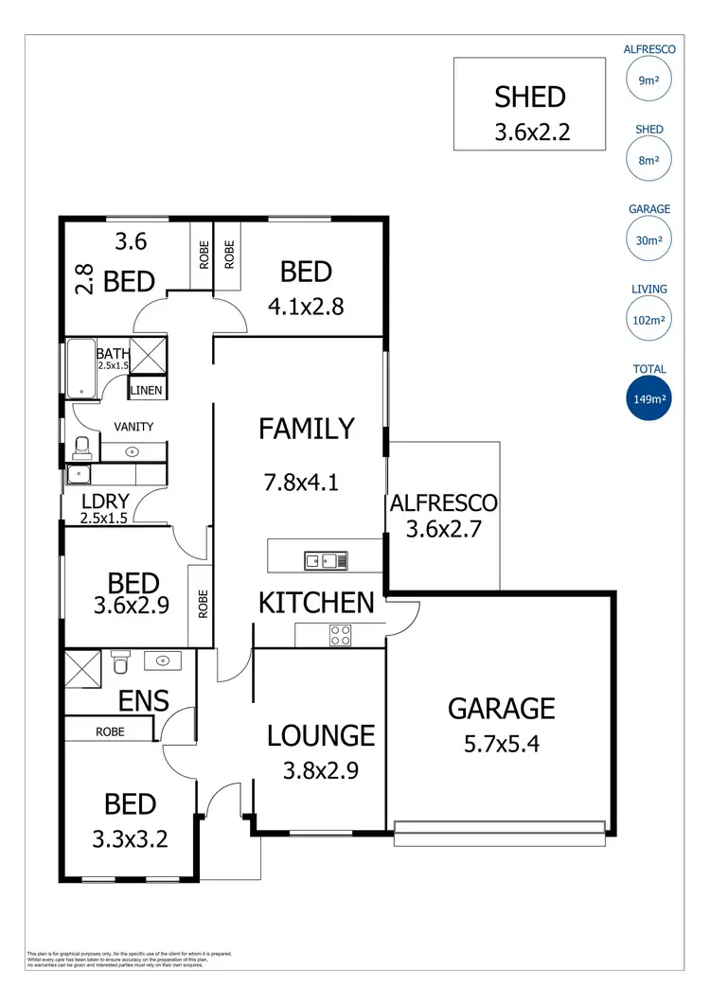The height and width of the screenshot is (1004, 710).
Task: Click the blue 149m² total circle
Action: tap(648, 399)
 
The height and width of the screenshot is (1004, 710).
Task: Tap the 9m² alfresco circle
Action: tap(648, 80)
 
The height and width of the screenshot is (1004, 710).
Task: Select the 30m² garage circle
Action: tap(648, 239)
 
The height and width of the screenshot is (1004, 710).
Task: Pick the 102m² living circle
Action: tap(648, 320)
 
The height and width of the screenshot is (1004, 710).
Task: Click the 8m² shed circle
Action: tap(648, 160)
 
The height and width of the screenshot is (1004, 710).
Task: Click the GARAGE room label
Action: tap(501, 708)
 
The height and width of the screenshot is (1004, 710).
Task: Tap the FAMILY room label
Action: tap(307, 429)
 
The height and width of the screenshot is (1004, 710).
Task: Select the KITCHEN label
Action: tap(317, 603)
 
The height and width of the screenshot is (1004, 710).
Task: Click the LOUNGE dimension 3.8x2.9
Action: tap(321, 770)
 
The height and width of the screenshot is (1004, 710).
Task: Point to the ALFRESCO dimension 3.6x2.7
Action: tap(444, 529)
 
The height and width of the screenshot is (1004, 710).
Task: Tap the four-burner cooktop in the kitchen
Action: tap(340, 636)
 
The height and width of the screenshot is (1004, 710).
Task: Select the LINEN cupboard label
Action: tap(147, 390)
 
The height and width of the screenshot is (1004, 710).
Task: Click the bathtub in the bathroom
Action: tap(80, 366)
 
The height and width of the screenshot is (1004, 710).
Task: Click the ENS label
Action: tap(144, 701)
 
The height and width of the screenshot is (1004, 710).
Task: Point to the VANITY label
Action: tap(133, 427)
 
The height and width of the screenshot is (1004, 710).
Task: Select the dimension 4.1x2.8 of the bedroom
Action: tap(307, 308)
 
